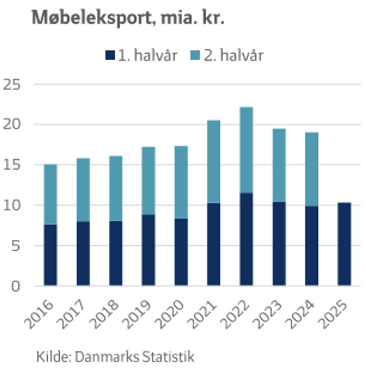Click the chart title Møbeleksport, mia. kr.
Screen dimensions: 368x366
click(x=128, y=18)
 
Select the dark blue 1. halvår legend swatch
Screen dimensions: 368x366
click(x=110, y=56)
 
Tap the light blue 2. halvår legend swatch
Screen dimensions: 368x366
click(x=196, y=56)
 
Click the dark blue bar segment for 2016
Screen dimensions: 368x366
click(x=51, y=255)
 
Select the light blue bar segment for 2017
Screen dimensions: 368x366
click(x=83, y=190)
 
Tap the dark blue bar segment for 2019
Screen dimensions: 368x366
click(x=149, y=250)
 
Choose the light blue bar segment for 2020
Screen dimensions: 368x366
click(x=181, y=182)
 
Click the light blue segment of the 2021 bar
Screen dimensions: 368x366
click(x=214, y=162)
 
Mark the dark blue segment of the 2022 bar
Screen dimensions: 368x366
click(x=246, y=239)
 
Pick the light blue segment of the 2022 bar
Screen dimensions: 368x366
click(x=246, y=150)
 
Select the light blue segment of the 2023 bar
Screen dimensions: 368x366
click(x=279, y=165)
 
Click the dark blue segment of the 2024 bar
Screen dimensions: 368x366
click(x=312, y=246)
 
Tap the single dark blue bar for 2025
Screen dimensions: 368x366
click(x=344, y=244)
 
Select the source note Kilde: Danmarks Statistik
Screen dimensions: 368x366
click(x=115, y=356)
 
